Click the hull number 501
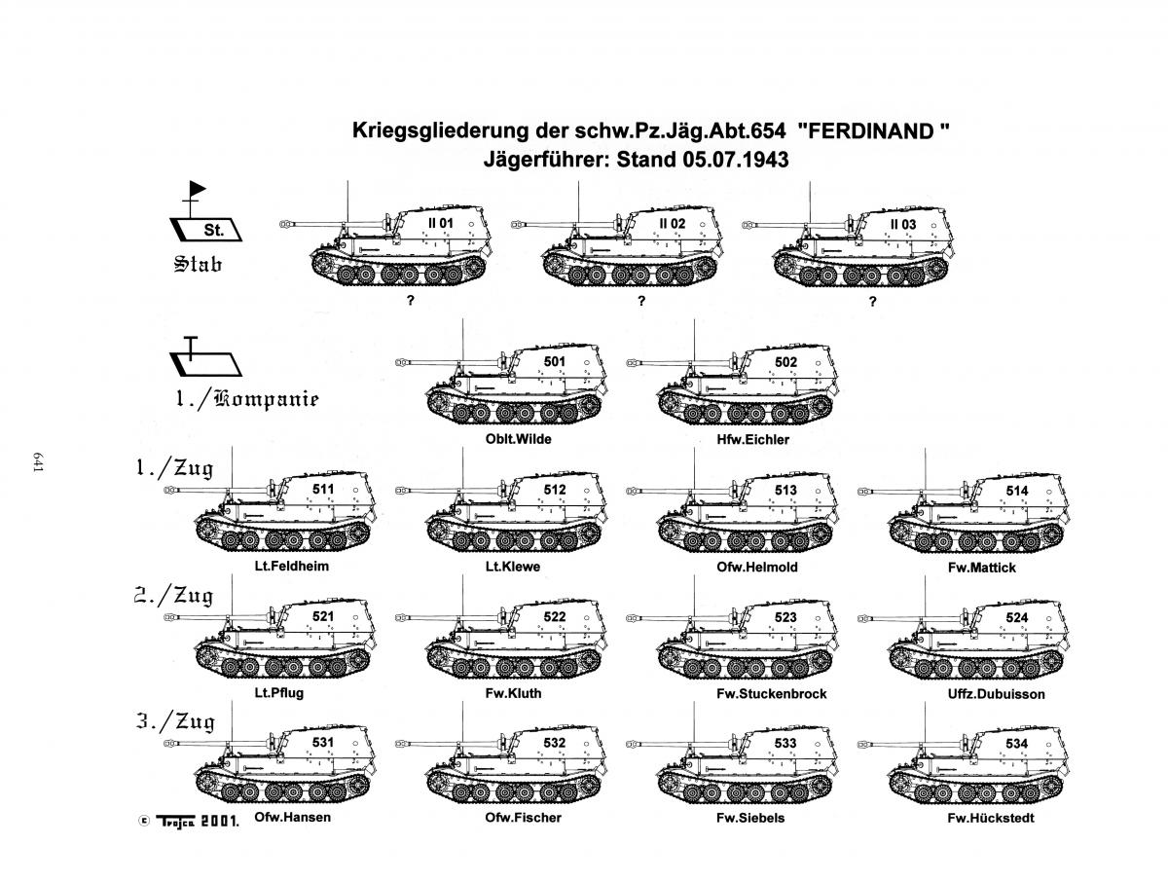click(x=554, y=362)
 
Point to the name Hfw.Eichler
click(x=752, y=439)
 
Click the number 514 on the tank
click(x=1017, y=491)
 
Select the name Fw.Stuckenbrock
click(x=771, y=694)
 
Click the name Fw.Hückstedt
click(x=990, y=818)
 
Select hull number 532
click(x=554, y=743)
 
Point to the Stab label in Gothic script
click(x=198, y=264)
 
